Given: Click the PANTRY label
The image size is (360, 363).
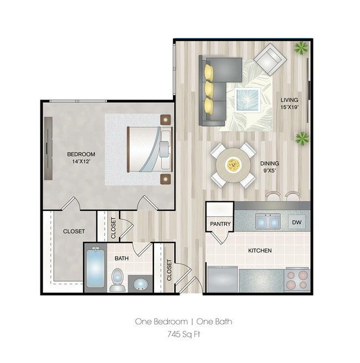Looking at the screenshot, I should tap(220, 224).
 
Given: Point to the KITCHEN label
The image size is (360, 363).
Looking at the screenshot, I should tap(259, 251).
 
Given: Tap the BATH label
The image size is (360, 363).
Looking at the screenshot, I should tap(121, 258).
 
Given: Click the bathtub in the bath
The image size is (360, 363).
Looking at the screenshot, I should tap(95, 268).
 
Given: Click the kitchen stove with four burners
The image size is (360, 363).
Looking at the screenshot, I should tap(297, 279).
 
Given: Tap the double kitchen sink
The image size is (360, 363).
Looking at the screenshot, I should tap(268, 222).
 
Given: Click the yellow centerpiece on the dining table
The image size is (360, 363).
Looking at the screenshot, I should tap(233, 164).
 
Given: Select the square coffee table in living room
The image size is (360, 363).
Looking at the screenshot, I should tap(248, 100).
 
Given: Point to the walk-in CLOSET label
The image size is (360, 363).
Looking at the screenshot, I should tap(74, 231).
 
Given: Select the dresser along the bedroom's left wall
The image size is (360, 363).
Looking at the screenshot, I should tap(49, 148).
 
